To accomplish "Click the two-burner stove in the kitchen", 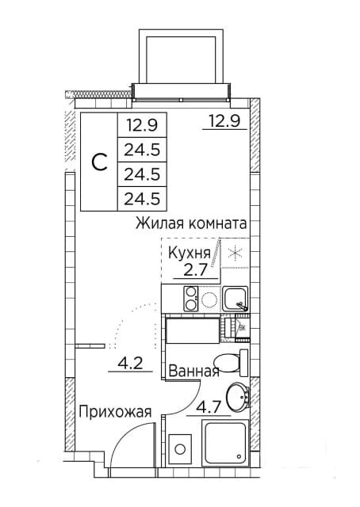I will pos(190,299).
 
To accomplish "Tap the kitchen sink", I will pos(235,299).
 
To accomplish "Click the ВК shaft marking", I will pos(243,326).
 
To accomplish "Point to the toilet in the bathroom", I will pos(230,362).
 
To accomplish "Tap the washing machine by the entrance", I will pos(180,449).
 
